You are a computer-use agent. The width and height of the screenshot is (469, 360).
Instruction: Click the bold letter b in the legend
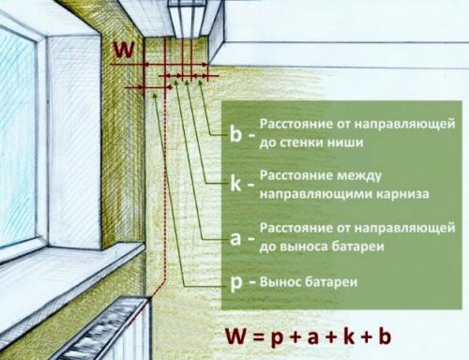tap(235, 133)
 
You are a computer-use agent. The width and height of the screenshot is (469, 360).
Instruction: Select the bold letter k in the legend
tap(235, 184)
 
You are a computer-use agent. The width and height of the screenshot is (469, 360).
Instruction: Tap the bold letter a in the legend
tap(235, 237)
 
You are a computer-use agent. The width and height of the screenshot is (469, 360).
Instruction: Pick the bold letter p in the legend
tap(235, 281)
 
